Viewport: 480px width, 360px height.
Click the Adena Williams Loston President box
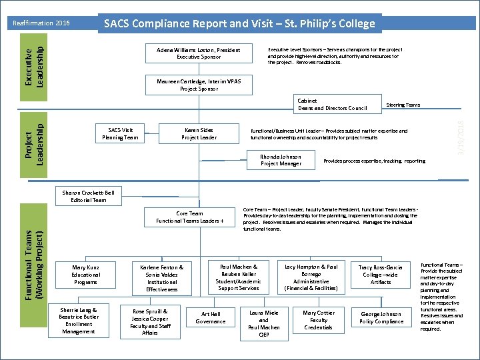(198, 53)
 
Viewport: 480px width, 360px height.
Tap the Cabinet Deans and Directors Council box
(333, 105)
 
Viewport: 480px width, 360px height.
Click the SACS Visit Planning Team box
(121, 133)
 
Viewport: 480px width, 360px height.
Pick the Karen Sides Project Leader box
(199, 133)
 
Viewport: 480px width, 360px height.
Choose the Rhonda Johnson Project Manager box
(281, 160)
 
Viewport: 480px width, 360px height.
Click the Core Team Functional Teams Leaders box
(189, 217)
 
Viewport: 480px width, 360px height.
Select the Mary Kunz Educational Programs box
(85, 274)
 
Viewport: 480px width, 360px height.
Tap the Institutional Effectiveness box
(162, 278)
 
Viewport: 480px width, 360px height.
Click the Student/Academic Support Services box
(238, 277)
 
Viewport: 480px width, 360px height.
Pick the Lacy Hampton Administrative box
(311, 277)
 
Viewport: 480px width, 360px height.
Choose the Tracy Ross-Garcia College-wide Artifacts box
(380, 274)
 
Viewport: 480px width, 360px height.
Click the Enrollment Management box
(78, 321)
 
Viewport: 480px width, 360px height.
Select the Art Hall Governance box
(210, 318)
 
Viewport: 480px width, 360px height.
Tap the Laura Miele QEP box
(263, 323)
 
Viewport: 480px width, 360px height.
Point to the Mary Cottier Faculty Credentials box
(319, 320)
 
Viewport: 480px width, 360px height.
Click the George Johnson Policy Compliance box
(381, 317)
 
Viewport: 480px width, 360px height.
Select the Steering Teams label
(403, 105)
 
